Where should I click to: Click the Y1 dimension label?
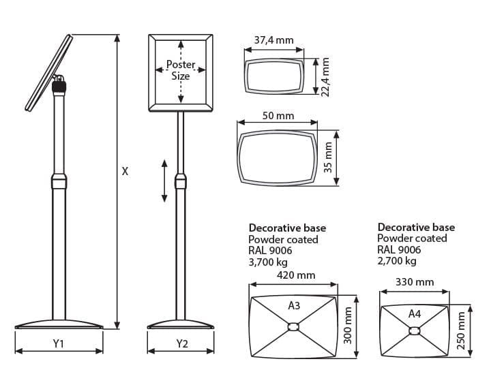[59, 344]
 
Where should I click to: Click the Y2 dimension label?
[181, 344]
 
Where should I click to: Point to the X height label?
[125, 172]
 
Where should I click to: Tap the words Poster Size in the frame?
[181, 70]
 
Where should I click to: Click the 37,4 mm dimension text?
[273, 40]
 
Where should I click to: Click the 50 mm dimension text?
[278, 116]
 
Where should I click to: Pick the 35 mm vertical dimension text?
[328, 157]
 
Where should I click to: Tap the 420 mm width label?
[296, 275]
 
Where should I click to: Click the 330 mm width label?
[415, 281]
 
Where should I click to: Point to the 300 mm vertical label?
[348, 324]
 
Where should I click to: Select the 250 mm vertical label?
[460, 331]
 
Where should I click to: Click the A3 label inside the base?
[294, 306]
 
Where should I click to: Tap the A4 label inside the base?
[415, 313]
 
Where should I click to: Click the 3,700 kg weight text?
[269, 261]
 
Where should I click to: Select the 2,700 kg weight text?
[397, 260]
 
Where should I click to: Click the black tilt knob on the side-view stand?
[59, 87]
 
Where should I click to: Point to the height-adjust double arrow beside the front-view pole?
[164, 181]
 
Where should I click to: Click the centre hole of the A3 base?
[294, 328]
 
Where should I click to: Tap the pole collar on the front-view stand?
[181, 181]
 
